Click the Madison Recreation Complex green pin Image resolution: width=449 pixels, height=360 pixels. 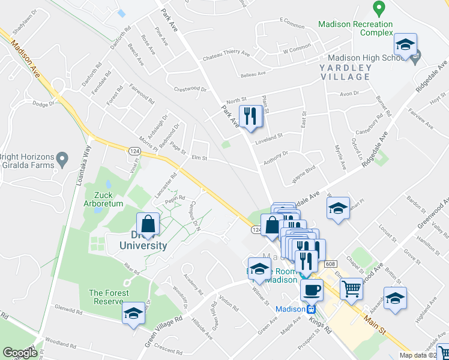tap(378, 9)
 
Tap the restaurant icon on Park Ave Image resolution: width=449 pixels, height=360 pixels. tap(250, 116)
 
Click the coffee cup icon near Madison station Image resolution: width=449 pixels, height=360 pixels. tap(311, 290)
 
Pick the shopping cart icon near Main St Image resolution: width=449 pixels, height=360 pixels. tap(351, 289)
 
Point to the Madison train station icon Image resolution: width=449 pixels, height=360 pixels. tap(311, 310)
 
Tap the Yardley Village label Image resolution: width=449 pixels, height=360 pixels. tap(345, 72)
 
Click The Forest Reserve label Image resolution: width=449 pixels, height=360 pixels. tap(109, 297)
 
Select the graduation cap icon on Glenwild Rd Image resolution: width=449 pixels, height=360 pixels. tap(133, 313)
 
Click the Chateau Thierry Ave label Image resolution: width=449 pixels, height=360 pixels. tap(226, 53)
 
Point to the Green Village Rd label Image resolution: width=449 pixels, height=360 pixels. tap(163, 329)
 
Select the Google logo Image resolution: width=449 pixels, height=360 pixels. tap(20, 353)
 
